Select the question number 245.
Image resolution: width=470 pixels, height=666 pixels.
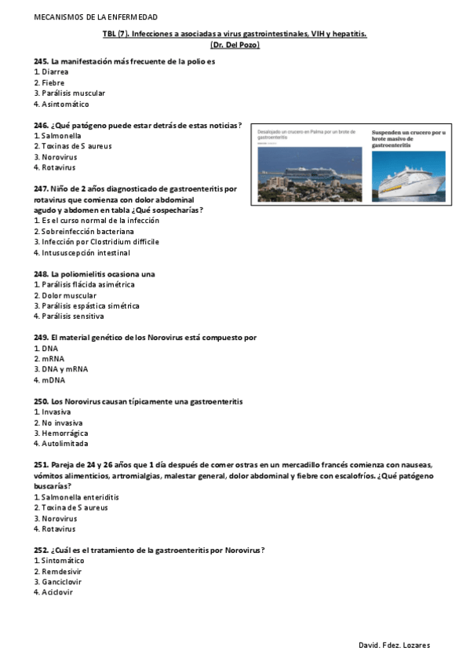[x=41, y=61]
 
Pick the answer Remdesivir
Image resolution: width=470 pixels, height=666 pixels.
[x=61, y=572]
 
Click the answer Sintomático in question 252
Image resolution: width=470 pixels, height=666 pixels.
[x=63, y=561]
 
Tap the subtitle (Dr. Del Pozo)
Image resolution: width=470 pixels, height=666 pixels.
[x=235, y=46]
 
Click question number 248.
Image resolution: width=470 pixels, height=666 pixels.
[x=41, y=273]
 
